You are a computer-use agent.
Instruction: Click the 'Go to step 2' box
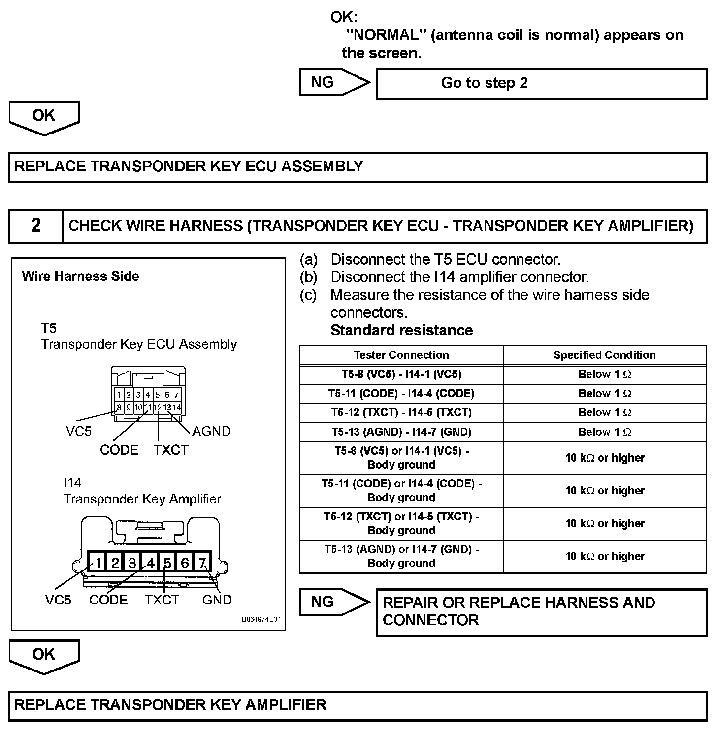tap(541, 83)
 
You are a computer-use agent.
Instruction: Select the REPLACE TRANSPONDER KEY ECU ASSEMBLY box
tap(358, 167)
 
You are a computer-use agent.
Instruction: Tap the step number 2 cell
tap(36, 226)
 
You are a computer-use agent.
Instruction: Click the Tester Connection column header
tap(401, 355)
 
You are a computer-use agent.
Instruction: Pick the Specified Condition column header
tap(604, 355)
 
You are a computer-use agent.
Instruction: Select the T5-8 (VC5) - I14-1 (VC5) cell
tap(401, 374)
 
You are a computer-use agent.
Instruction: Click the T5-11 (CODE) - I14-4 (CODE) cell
tap(401, 394)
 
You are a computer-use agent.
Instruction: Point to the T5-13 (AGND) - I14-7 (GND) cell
tap(401, 432)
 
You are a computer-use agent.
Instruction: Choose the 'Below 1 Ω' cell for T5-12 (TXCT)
tap(604, 413)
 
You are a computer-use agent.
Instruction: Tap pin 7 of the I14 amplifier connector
tap(202, 563)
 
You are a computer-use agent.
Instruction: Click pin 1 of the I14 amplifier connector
tap(98, 563)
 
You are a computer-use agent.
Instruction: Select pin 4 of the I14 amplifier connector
tap(150, 563)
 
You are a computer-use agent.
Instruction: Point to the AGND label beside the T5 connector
tap(211, 431)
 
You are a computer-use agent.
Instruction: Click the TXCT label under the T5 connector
tap(170, 450)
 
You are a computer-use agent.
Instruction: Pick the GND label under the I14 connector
tap(217, 600)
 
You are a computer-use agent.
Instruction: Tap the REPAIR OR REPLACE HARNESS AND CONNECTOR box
tap(541, 611)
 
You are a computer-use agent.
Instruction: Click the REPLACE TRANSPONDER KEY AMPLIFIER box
tap(358, 705)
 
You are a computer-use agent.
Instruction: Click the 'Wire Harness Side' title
tap(80, 276)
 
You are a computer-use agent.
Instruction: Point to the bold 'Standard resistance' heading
tap(401, 330)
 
